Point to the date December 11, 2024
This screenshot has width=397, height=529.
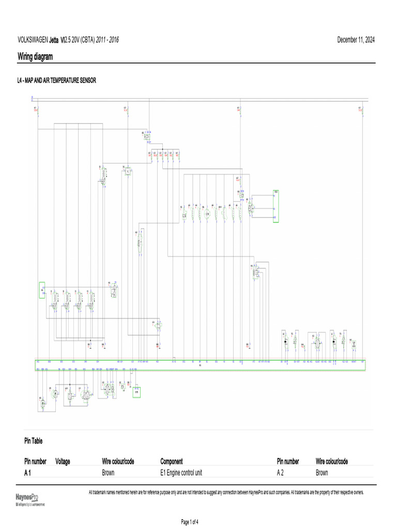[x=357, y=40]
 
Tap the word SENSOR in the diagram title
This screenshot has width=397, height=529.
[x=87, y=81]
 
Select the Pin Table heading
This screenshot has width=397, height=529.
[x=34, y=441]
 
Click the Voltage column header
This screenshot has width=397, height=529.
[x=63, y=461]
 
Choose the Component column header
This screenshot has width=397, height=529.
[x=171, y=461]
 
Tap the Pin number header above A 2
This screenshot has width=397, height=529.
[x=288, y=461]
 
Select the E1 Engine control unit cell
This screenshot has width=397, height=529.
[x=181, y=473]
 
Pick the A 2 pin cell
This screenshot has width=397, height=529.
[x=281, y=473]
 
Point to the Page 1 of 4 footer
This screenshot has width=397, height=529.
[x=190, y=522]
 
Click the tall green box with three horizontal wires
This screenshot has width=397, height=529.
[x=276, y=206]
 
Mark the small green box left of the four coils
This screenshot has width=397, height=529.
[x=42, y=290]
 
